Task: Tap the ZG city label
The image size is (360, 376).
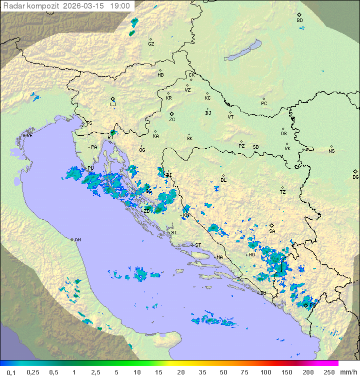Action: click(172, 120)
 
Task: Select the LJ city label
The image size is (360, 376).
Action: click(113, 104)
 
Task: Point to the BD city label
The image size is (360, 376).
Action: click(299, 21)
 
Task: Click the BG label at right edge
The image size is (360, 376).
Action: click(355, 177)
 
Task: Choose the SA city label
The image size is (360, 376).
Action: click(272, 231)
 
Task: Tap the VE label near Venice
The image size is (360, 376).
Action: click(29, 136)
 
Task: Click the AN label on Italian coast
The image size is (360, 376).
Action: click(77, 240)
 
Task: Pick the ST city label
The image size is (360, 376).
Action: click(198, 245)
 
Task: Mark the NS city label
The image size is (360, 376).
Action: click(331, 151)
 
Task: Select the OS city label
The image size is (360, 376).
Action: click(283, 134)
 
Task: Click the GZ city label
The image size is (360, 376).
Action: click(151, 44)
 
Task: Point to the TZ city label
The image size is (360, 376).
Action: click(283, 192)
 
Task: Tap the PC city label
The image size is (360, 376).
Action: click(264, 104)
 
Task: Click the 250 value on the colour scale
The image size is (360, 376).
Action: click(328, 372)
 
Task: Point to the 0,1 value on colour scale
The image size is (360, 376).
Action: click(11, 372)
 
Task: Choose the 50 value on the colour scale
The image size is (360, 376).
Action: click(223, 372)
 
